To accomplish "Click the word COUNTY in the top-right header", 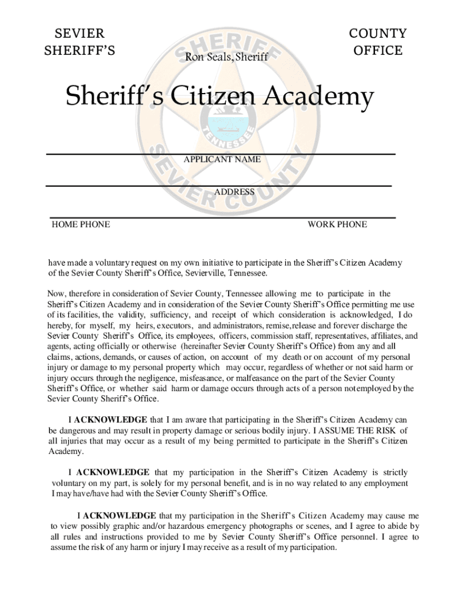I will point(377,33).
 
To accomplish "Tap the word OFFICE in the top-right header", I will point(377,50).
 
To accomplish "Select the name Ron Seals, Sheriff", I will point(226,57).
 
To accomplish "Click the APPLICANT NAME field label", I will point(222,160).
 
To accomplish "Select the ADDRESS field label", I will point(234,192).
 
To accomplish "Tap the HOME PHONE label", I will point(81,224).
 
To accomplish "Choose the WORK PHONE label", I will point(337,224).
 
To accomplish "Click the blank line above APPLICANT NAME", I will point(221,154).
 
